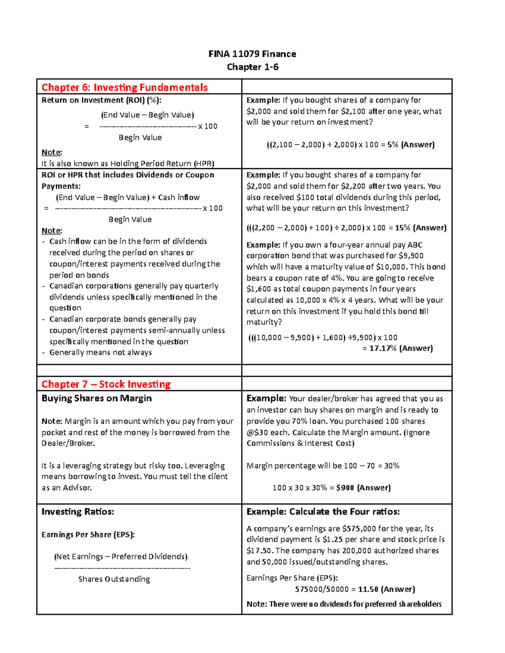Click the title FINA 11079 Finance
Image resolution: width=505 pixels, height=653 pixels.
252,54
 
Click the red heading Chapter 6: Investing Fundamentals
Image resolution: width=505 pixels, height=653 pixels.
125,87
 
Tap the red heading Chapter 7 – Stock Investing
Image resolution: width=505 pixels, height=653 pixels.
106,384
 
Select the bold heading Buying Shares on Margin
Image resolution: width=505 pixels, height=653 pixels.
96,398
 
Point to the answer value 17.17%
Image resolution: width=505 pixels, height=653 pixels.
383,348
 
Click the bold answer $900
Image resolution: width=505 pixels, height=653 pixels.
345,488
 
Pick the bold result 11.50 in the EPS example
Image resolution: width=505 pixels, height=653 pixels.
368,589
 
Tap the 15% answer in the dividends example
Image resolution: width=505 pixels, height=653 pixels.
403,228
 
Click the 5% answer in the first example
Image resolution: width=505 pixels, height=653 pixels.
393,145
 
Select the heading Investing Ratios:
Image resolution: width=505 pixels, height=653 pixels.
78,512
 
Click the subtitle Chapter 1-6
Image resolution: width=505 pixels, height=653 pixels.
252,67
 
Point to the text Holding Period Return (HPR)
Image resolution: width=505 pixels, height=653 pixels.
162,164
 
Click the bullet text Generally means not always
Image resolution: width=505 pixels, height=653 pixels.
101,352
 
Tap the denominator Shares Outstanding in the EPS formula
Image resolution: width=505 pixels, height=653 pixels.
114,579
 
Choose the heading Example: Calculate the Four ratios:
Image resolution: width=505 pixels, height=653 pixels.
323,512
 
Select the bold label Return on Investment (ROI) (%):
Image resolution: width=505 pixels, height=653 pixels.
101,100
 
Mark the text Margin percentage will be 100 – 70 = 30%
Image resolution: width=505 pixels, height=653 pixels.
323,465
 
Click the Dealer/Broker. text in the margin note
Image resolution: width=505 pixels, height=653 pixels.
68,443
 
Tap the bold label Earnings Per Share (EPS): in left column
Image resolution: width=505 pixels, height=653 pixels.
88,534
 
